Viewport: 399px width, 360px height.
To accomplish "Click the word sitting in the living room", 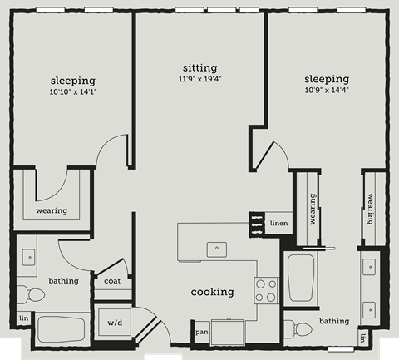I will (x=199, y=67).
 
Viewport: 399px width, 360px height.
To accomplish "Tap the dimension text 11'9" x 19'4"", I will (x=199, y=79).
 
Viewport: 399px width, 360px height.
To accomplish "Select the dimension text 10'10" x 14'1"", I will (x=71, y=91).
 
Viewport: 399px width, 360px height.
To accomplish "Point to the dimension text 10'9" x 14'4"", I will (x=326, y=90).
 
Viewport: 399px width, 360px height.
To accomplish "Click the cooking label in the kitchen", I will (x=212, y=292).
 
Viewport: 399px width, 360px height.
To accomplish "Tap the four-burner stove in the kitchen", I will (x=266, y=290).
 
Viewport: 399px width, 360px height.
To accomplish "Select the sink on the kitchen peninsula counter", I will (x=216, y=247).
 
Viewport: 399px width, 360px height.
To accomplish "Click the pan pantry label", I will (x=201, y=332).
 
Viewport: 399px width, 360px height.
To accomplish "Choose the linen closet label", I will (x=278, y=222).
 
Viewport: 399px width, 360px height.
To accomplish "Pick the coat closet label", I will (x=112, y=280).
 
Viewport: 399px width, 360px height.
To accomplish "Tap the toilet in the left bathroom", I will (x=34, y=294).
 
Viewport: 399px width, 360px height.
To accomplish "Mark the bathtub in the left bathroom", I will (x=62, y=328).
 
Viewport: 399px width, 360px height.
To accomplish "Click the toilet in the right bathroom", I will (x=293, y=327).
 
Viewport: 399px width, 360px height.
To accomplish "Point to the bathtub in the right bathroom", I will (x=300, y=279).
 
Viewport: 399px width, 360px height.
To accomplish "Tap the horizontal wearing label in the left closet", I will (x=52, y=210).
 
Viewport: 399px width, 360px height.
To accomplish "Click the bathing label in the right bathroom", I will (x=334, y=321).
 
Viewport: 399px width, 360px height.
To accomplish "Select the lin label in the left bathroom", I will (x=23, y=318).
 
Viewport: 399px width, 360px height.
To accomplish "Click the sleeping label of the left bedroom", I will (x=71, y=80).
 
